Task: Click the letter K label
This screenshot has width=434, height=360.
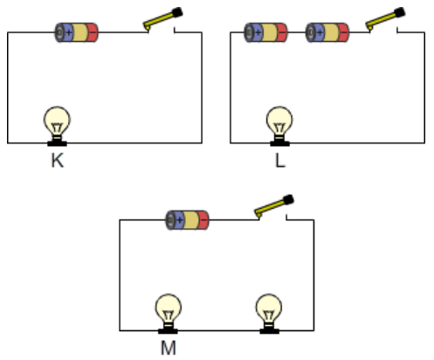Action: point(58,161)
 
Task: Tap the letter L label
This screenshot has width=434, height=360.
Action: point(280,161)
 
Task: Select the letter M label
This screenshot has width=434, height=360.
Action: point(169,348)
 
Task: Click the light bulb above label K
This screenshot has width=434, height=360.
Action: point(57,126)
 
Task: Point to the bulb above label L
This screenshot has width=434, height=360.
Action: point(279,126)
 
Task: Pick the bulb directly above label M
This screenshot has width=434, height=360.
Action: point(168,314)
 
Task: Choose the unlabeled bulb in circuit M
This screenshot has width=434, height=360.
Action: point(269,314)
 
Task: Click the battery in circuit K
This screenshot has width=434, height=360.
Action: point(77,32)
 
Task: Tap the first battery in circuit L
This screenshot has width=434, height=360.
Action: point(265,32)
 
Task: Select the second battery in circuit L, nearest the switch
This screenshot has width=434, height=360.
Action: point(327,32)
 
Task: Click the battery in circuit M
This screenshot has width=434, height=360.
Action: point(187,220)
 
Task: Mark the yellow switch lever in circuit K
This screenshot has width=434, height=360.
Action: point(160,20)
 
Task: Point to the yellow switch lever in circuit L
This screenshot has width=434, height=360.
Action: point(382,20)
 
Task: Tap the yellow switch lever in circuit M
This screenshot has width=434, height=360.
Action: point(271,208)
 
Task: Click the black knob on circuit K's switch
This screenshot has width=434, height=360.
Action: point(177,12)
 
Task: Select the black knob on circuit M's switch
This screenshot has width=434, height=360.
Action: point(288,200)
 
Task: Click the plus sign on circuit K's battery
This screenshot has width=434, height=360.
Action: point(68,32)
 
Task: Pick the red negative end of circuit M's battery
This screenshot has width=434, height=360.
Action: point(203,220)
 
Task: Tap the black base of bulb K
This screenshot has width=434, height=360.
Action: point(57,143)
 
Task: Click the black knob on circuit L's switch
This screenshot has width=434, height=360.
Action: point(400,12)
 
